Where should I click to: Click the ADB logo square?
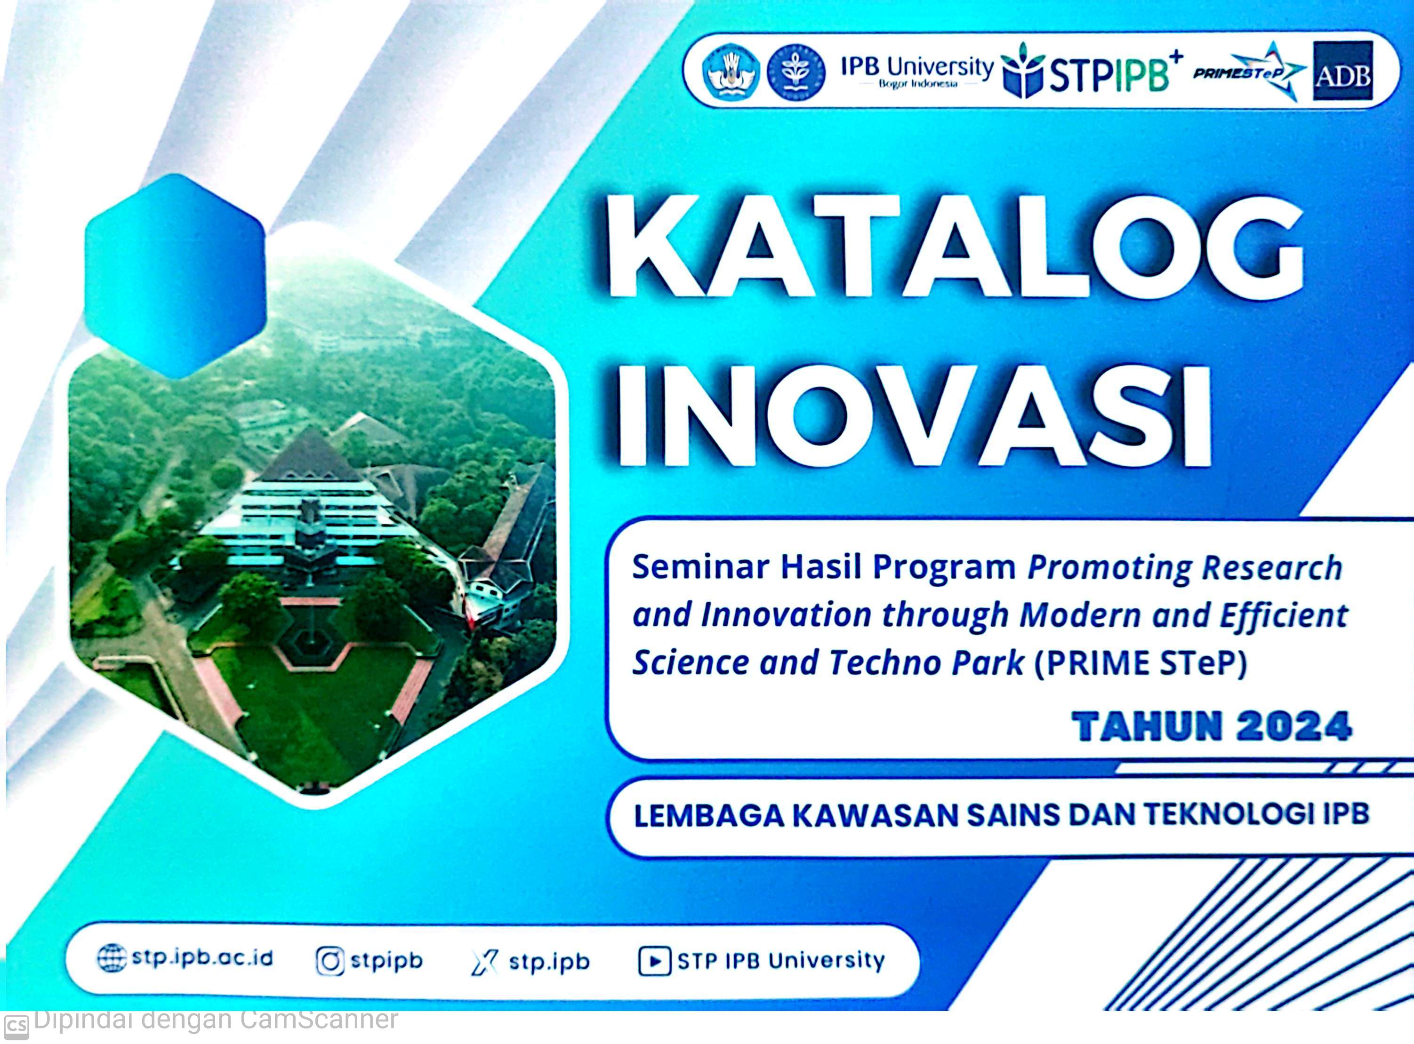tap(1342, 71)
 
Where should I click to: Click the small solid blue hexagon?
tap(175, 276)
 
